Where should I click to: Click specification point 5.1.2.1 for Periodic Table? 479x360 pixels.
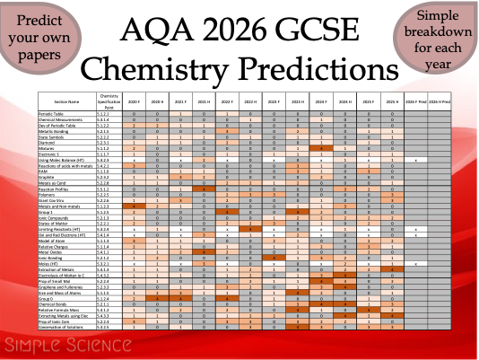coord(109,114)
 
